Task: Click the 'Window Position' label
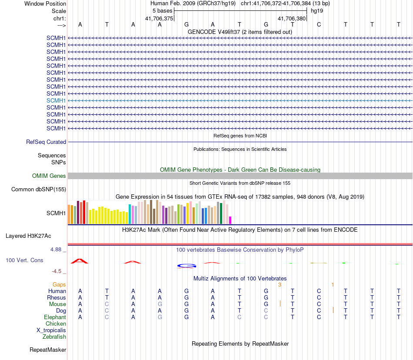(45, 3)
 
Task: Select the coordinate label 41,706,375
(159, 18)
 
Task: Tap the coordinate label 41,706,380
(292, 18)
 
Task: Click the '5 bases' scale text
(162, 11)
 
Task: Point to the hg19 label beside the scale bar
(316, 11)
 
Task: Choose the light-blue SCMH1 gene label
(56, 100)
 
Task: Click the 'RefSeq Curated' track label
(46, 142)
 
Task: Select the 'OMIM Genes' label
(49, 176)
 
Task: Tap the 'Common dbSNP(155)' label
(39, 189)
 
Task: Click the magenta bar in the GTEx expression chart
(230, 220)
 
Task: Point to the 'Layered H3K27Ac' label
(28, 236)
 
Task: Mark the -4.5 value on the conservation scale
(57, 271)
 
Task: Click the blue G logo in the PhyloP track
(187, 265)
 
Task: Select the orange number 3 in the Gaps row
(280, 284)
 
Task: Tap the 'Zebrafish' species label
(54, 337)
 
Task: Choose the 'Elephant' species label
(55, 317)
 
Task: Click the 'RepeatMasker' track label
(48, 350)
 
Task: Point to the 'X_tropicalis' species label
(51, 330)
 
